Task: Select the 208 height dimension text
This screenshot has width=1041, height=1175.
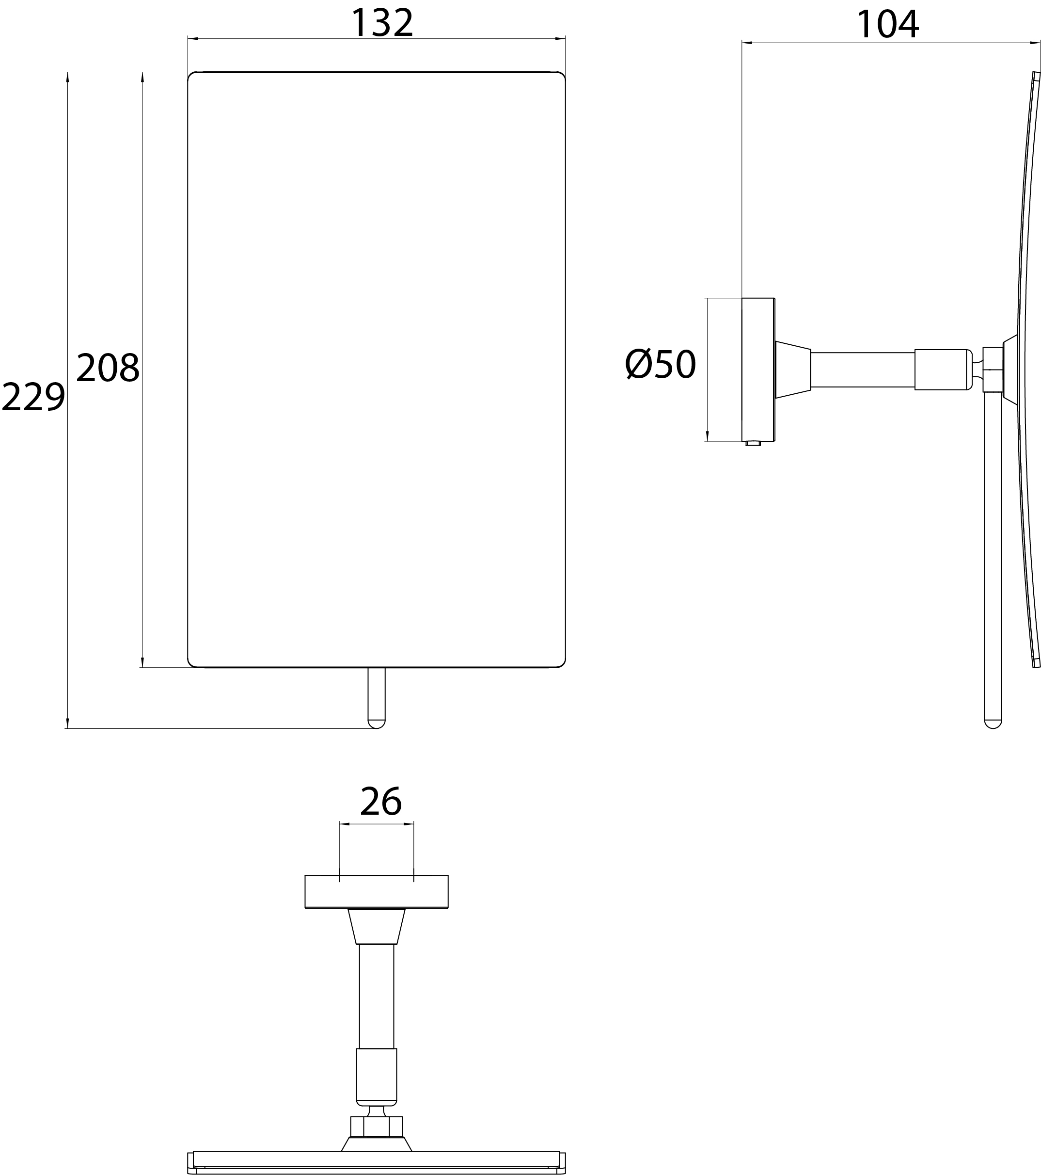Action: (x=108, y=368)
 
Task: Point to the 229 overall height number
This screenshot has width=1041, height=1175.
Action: (x=33, y=397)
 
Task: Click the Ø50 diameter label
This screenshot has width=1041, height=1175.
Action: (x=661, y=364)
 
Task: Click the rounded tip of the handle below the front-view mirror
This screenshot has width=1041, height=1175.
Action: (x=376, y=723)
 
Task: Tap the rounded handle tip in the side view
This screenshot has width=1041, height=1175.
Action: (x=993, y=723)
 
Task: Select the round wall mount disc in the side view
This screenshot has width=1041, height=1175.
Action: (x=758, y=370)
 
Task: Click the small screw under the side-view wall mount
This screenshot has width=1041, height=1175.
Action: (x=753, y=444)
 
